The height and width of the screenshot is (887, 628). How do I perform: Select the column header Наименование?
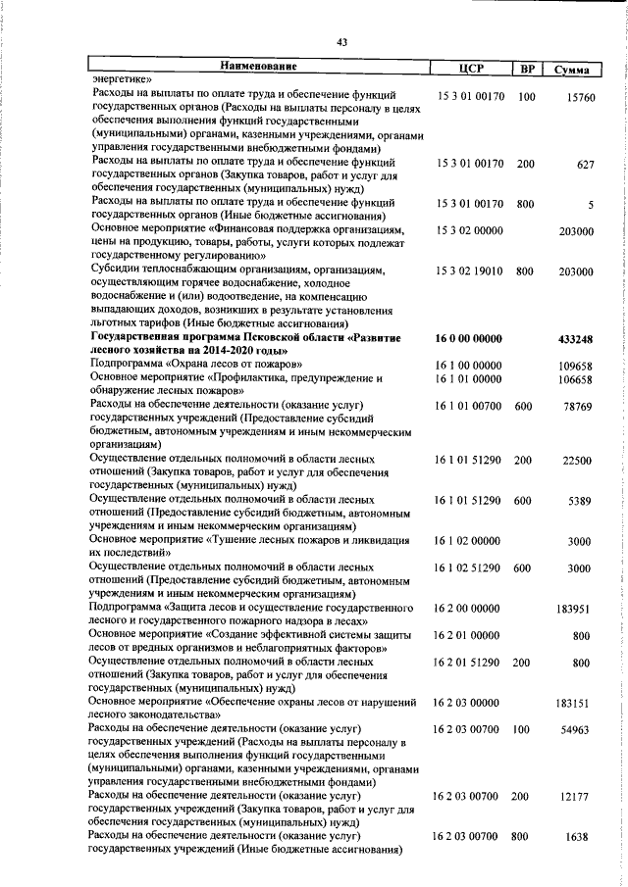[259, 68]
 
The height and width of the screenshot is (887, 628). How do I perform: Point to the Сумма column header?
[572, 70]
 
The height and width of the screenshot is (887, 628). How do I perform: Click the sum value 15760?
[581, 98]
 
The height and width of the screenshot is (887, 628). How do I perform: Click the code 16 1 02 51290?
[468, 568]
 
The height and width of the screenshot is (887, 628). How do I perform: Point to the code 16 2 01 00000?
[468, 636]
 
